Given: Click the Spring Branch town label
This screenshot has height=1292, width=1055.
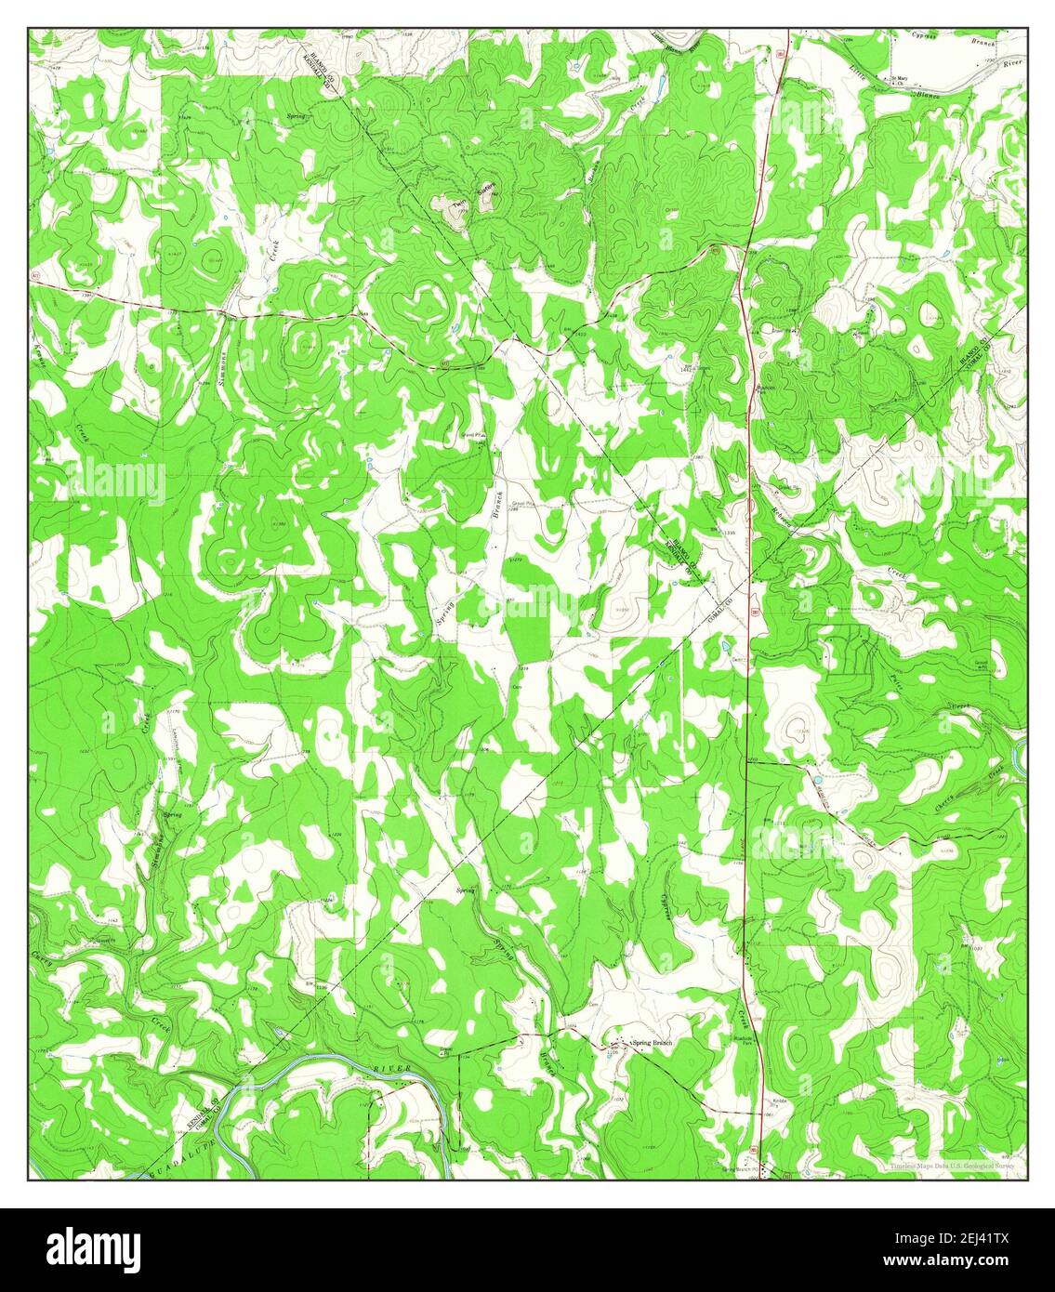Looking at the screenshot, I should [652, 1044].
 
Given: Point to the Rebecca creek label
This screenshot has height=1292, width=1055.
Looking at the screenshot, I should [784, 520].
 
